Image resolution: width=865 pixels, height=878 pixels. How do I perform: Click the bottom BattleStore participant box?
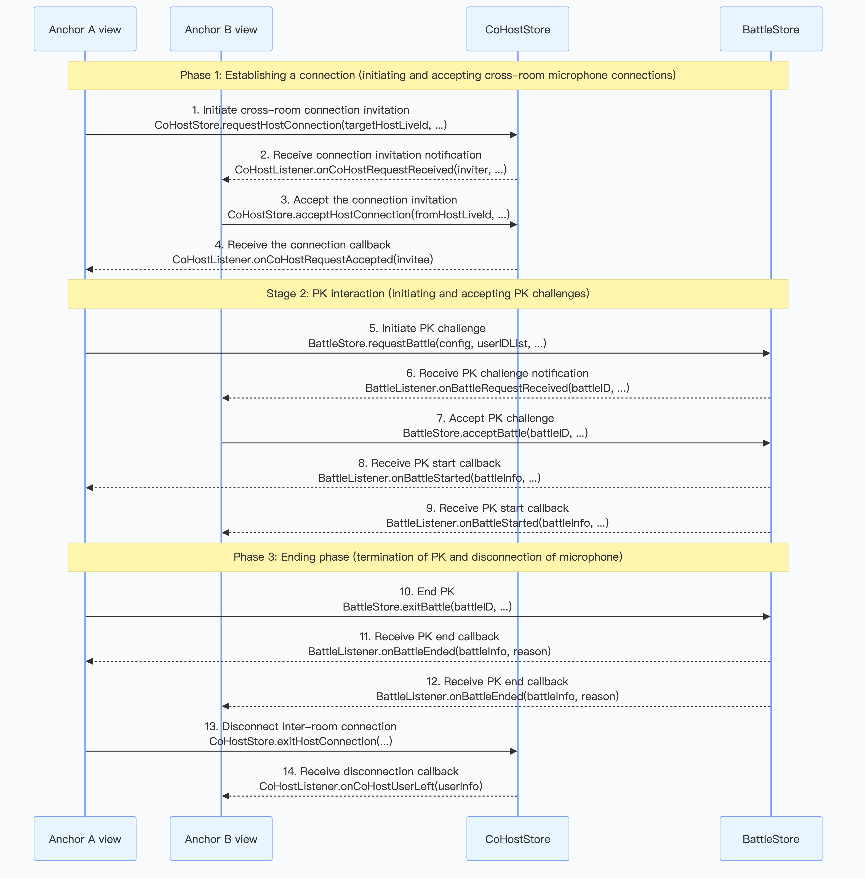tap(770, 839)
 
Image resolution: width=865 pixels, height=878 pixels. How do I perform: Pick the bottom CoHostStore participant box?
tap(517, 839)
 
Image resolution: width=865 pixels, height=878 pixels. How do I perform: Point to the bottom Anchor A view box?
tap(85, 839)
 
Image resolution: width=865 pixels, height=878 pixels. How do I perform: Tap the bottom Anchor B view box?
tap(221, 839)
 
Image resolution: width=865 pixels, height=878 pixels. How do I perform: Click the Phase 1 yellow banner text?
tap(428, 75)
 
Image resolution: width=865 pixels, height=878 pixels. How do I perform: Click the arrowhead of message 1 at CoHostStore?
tap(513, 135)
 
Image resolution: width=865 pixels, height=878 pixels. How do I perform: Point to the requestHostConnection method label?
tap(300, 125)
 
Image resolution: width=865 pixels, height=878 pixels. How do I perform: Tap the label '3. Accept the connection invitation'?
tap(369, 200)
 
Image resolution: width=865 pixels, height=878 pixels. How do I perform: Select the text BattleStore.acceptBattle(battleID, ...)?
tap(495, 433)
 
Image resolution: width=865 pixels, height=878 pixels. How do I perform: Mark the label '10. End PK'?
tap(427, 592)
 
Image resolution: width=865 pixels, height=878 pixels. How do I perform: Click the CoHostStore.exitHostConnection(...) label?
tap(300, 741)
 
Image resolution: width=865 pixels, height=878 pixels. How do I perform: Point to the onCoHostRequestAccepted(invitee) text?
tap(303, 260)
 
